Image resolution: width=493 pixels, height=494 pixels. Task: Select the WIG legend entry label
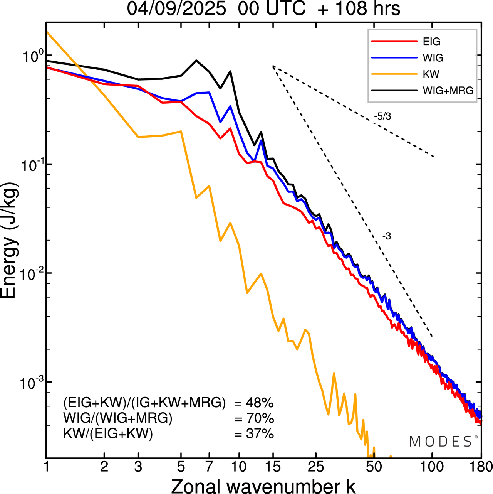(433, 58)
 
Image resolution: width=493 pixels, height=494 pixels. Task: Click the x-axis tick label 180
(481, 467)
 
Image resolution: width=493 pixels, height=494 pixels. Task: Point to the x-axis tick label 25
(316, 467)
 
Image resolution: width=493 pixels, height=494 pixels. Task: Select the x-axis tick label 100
(432, 467)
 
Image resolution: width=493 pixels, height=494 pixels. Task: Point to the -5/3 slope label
(382, 116)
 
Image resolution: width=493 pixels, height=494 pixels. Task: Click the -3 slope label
(387, 236)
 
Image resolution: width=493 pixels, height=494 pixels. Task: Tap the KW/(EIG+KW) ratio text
(108, 434)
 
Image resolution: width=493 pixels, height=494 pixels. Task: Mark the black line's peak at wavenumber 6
(196, 60)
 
